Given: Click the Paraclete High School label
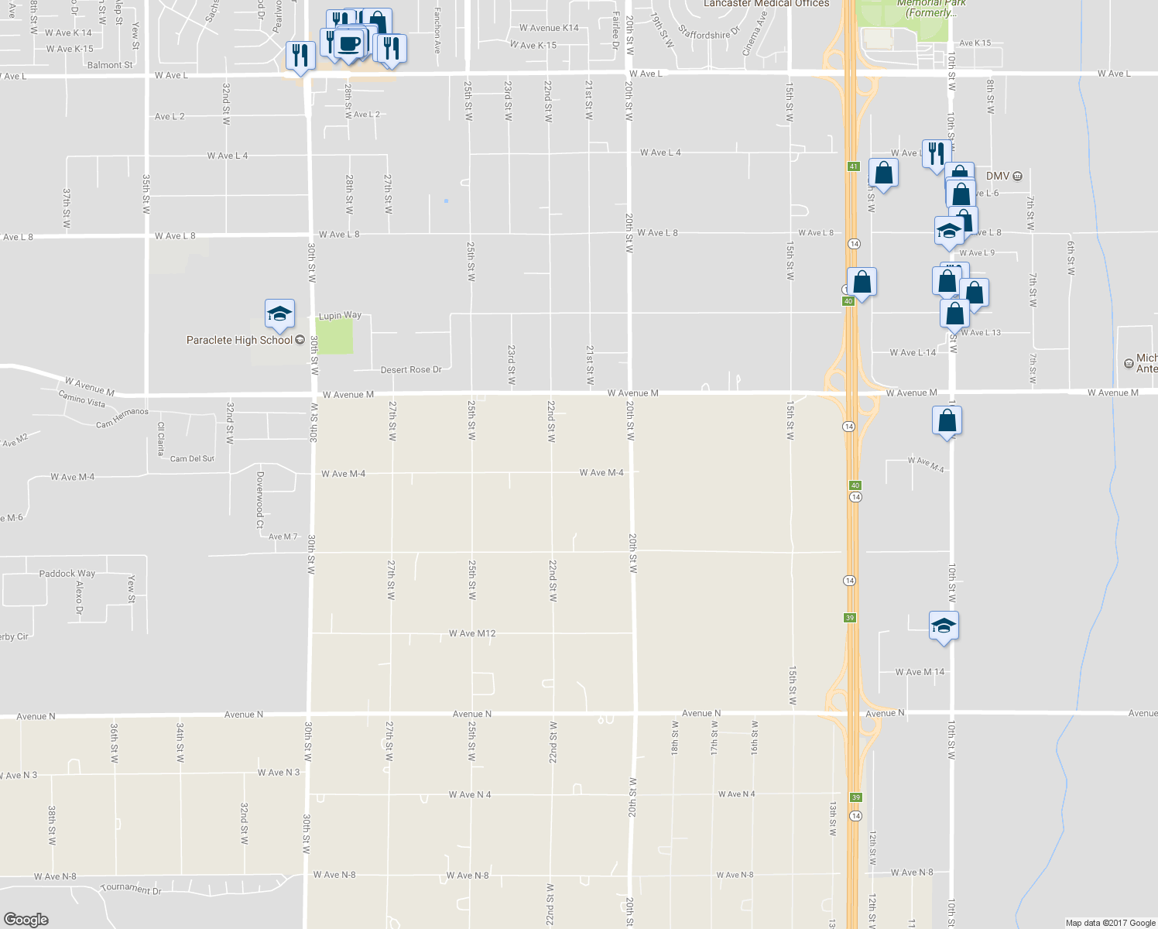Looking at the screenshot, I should click(239, 340).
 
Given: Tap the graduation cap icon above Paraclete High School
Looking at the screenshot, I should click(279, 314).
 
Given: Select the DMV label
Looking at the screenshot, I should click(998, 177).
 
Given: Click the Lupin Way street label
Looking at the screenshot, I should click(341, 315).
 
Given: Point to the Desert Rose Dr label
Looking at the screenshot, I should click(411, 369).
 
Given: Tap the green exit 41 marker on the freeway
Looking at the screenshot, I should click(853, 166).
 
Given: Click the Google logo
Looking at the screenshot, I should click(26, 919).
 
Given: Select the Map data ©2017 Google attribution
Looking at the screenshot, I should click(1110, 923).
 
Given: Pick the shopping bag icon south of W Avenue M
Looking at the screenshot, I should click(947, 421).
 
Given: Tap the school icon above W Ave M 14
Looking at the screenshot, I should click(944, 626).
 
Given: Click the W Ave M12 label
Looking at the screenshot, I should click(472, 633).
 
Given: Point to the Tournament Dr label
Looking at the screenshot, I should click(131, 889).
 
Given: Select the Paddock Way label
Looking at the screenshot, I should click(67, 574).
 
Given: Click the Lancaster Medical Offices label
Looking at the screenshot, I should click(766, 4).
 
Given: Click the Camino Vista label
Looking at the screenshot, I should click(82, 399).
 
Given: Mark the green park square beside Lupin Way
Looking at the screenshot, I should click(335, 337).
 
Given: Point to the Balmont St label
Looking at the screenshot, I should click(110, 65).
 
